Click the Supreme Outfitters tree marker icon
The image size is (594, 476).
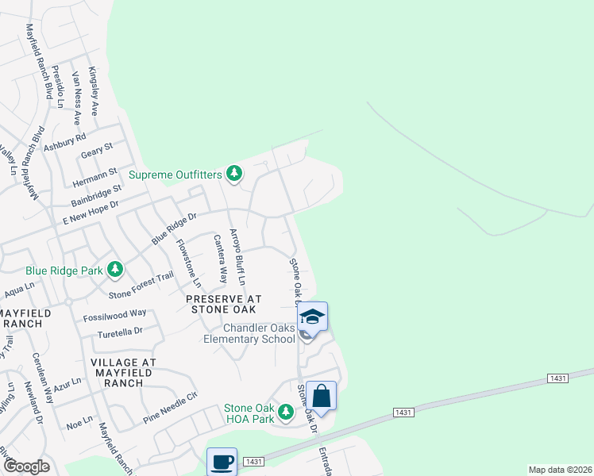point(233,172)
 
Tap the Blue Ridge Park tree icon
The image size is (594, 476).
point(115,270)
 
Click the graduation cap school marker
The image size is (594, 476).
point(312,317)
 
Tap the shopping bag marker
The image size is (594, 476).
point(322,395)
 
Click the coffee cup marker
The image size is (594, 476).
point(222,462)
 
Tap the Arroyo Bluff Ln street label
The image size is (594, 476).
point(237,257)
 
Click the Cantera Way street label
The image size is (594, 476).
point(218,259)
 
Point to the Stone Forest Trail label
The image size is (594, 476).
point(141,286)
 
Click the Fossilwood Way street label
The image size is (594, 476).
point(114,316)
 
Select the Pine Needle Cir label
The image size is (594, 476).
point(169,407)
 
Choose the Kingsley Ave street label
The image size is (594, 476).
point(93,92)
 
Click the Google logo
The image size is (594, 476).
point(25,466)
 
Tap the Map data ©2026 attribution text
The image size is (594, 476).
point(559,470)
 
